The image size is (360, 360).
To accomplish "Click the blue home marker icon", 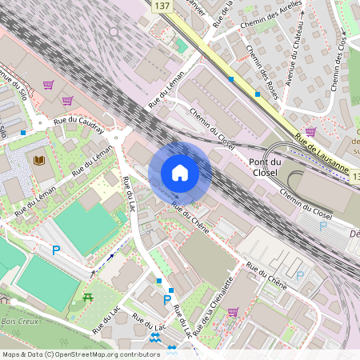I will (180, 173).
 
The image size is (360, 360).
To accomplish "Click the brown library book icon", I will (38, 161).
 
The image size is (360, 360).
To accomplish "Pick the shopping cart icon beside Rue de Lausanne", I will (310, 131).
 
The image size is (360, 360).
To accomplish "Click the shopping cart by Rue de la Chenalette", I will (233, 312).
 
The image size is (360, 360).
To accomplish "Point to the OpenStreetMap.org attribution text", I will (81, 354).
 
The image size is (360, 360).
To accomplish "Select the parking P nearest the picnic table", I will (56, 250).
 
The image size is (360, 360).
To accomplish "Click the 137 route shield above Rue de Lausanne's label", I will (162, 6).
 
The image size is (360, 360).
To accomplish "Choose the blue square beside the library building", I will (23, 133).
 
